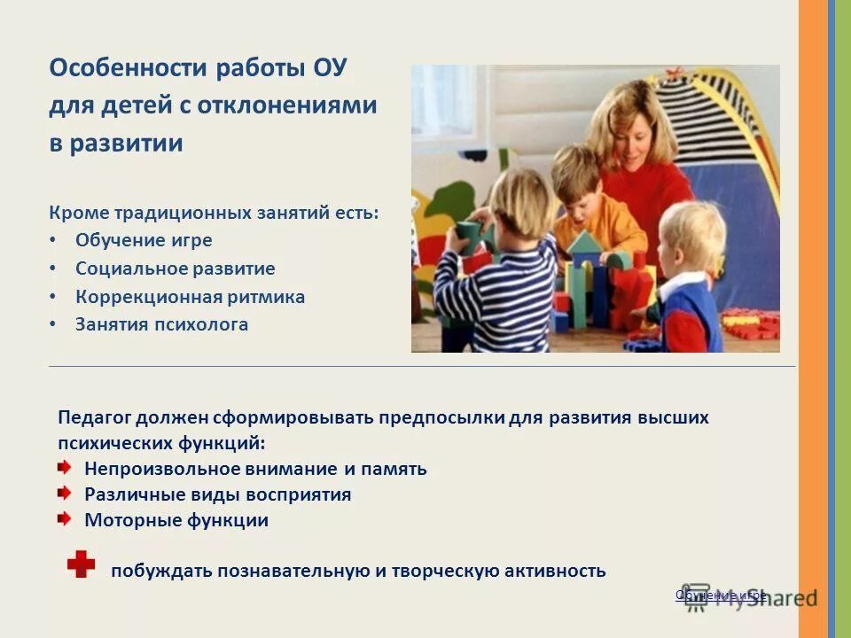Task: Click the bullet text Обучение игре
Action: click(x=144, y=240)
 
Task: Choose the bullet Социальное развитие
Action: click(x=175, y=268)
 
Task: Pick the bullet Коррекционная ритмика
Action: click(x=190, y=297)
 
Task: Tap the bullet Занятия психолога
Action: click(x=161, y=324)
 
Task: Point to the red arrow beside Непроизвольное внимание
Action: click(x=66, y=467)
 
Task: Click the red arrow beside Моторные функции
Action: click(x=66, y=518)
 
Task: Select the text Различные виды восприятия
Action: click(x=217, y=494)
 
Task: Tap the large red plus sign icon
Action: click(x=81, y=564)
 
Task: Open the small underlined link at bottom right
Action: click(x=720, y=595)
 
